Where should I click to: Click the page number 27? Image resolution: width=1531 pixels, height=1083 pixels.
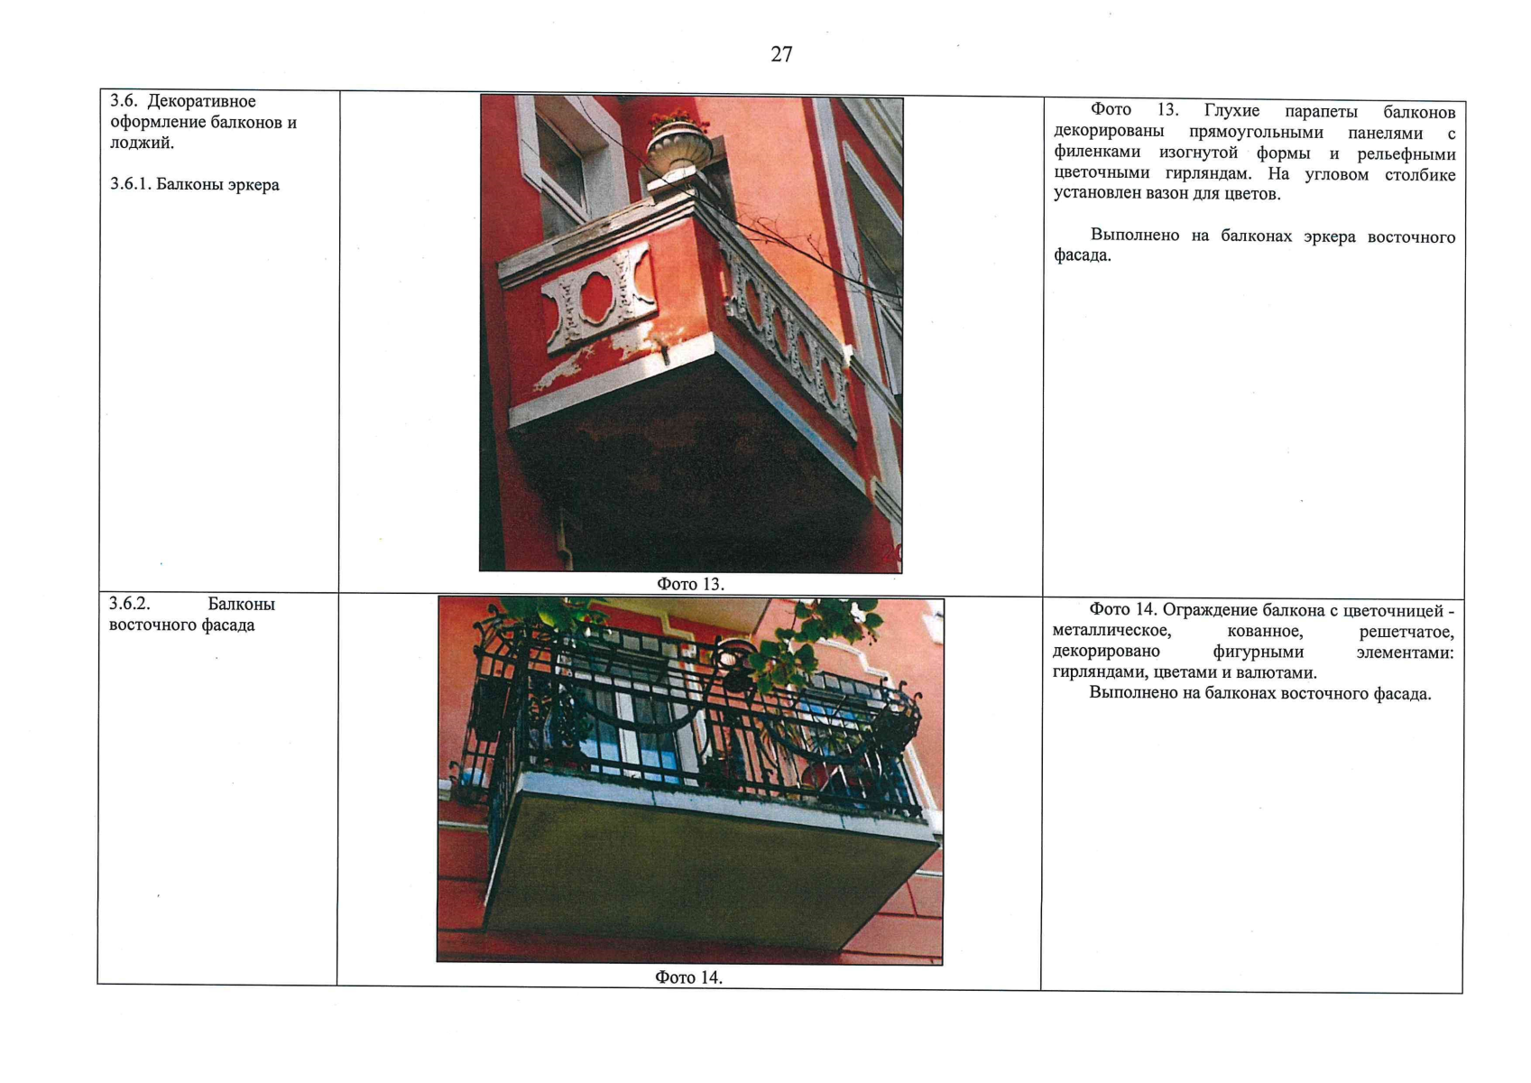coord(781,54)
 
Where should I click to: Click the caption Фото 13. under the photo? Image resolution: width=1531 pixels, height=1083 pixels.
coord(690,585)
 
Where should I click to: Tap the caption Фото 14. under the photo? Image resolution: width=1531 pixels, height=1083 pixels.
coord(688,977)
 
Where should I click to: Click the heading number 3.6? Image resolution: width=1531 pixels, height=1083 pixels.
coord(125,101)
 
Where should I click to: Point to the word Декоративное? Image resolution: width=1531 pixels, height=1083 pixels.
coord(201,101)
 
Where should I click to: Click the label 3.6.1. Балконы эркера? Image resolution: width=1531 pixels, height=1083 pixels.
coord(195,185)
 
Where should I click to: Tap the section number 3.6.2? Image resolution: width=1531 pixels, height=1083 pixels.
coord(129,604)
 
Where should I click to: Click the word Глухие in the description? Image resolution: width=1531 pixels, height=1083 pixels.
coord(1231,111)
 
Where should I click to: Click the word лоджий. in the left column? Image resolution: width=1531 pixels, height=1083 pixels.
coord(143,143)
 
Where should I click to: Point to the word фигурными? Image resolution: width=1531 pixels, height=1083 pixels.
coord(1259,653)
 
